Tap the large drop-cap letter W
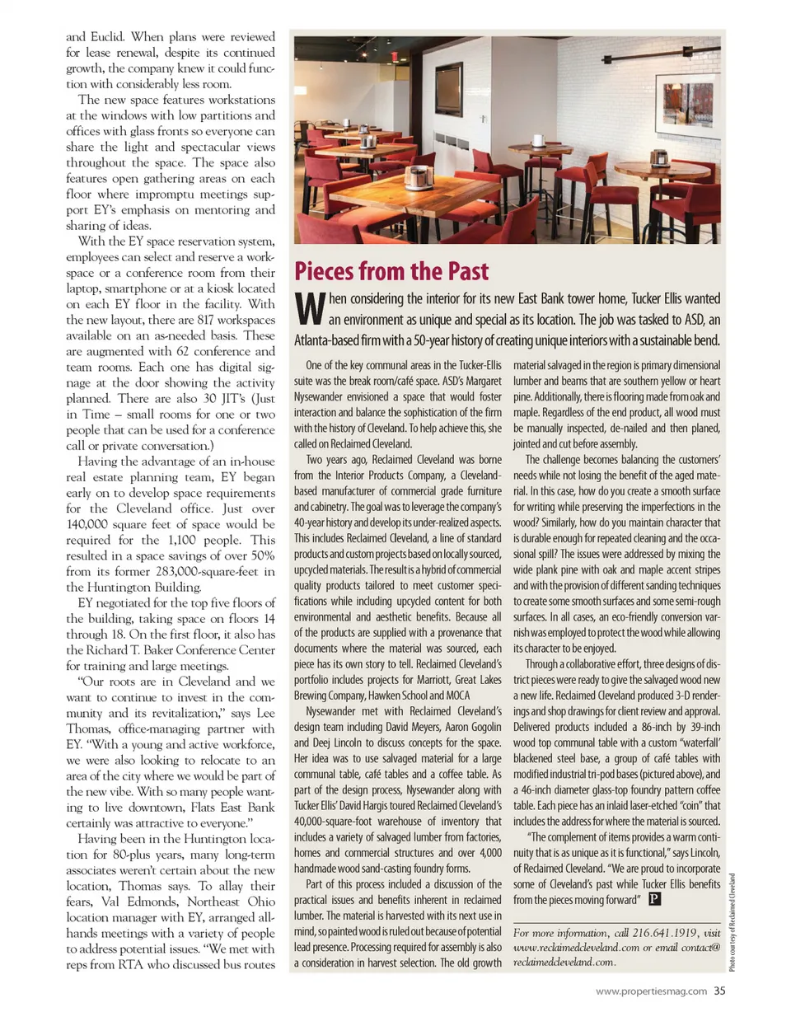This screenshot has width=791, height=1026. [309, 308]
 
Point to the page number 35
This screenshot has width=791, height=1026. [719, 991]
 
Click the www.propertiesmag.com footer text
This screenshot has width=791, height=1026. [651, 991]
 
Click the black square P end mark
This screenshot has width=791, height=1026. [655, 899]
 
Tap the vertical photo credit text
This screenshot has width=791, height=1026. [732, 921]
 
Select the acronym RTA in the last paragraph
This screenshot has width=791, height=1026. [131, 964]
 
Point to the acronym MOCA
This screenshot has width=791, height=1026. [457, 696]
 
